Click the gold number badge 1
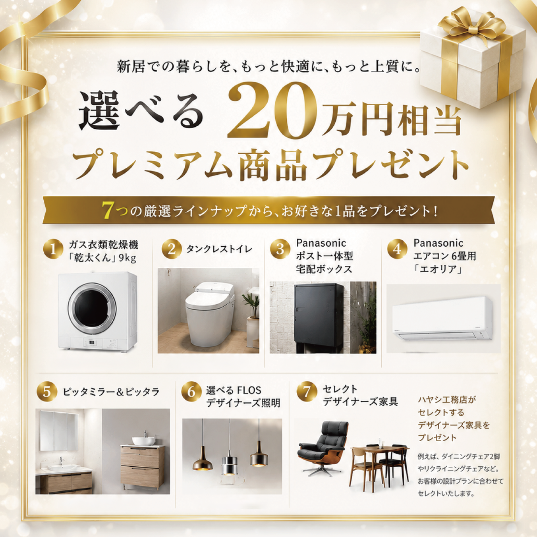coord(53,249)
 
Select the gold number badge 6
coord(191,392)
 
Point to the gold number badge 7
coord(307,392)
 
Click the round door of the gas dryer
coord(93,306)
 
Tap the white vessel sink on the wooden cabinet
coord(143,440)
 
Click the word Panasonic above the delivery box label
coord(321,243)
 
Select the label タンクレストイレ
coord(219,249)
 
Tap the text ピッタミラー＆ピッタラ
coord(111,392)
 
